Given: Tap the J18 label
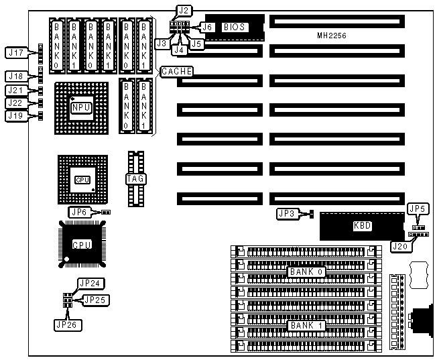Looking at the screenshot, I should click(x=15, y=76).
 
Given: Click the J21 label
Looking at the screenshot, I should click(x=15, y=90).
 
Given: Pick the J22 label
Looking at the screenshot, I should click(x=15, y=103).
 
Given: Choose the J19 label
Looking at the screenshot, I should click(x=15, y=115).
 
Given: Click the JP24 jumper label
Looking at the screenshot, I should click(x=89, y=284).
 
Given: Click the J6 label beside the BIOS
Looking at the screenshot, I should click(x=208, y=27).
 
